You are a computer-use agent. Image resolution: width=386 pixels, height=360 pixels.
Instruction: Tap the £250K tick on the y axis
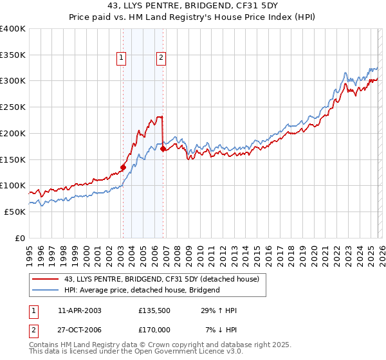13,107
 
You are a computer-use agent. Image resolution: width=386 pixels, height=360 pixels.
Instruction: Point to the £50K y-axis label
15,212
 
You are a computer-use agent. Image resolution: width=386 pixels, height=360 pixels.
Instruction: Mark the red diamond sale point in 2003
123,167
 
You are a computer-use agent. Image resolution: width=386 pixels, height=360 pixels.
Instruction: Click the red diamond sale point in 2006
163,148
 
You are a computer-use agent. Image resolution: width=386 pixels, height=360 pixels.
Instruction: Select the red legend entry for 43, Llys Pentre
161,279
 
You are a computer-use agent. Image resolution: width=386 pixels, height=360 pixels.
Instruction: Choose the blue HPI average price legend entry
142,290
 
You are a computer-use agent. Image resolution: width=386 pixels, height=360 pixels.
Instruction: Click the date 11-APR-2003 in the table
80,310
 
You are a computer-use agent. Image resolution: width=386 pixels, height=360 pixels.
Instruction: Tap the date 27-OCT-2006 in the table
80,330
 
